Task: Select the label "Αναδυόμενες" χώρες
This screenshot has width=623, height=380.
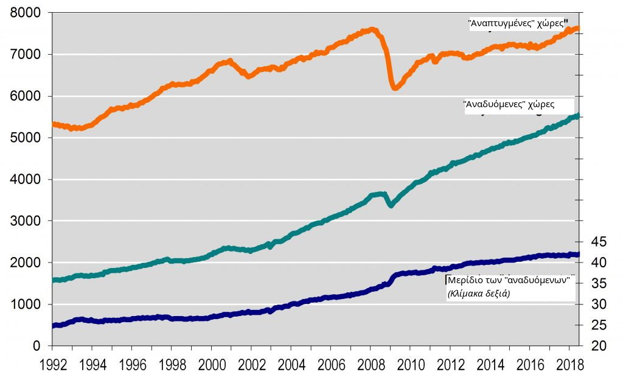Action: [509, 104]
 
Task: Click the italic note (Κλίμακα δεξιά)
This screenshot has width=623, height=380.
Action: [479, 293]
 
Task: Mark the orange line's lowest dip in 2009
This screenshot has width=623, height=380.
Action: [395, 88]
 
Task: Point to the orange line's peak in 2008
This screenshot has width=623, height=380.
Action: [372, 29]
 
